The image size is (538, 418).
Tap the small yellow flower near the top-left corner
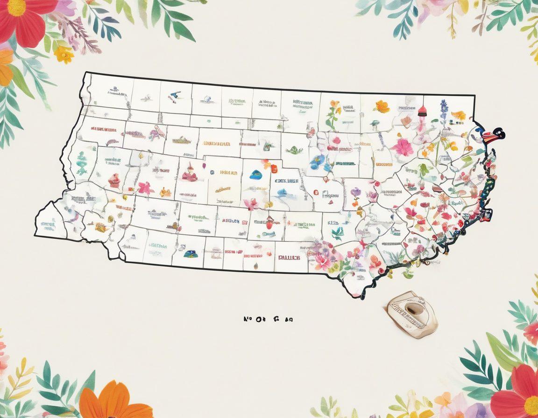(x=64, y=54)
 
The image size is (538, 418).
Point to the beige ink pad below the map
(x=411, y=314)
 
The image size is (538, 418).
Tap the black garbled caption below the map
(x=268, y=320)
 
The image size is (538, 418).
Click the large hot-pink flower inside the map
(x=402, y=147)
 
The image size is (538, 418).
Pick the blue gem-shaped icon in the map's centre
(x=256, y=175)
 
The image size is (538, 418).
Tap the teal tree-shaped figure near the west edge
(x=82, y=163)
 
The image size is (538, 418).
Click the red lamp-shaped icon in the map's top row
(x=422, y=111)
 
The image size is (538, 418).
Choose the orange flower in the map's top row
(x=382, y=107)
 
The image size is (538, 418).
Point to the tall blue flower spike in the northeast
(x=443, y=111)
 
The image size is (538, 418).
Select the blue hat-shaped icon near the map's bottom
(x=190, y=254)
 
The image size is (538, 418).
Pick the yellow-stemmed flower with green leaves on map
(x=333, y=114)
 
